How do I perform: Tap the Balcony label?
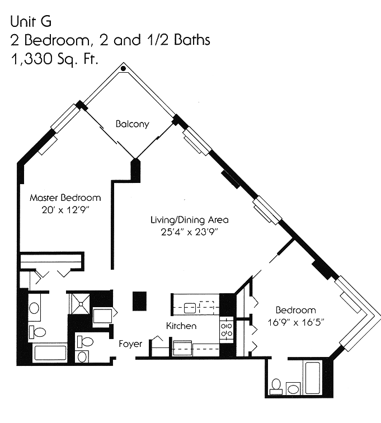tap(133, 124)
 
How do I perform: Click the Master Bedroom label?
tap(65, 198)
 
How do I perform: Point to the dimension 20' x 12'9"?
tap(65, 209)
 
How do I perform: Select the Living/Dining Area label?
tap(189, 219)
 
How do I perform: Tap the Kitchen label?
tap(181, 326)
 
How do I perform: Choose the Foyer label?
tap(130, 344)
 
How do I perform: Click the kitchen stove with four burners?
tap(227, 329)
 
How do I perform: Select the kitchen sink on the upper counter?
tap(189, 307)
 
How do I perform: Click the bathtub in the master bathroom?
tap(50, 352)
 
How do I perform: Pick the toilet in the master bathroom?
tap(37, 332)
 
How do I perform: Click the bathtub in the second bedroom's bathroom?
tap(312, 378)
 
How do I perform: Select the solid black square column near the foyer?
tap(139, 300)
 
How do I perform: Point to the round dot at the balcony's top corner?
tap(123, 68)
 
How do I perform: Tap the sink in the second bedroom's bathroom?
tap(293, 388)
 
